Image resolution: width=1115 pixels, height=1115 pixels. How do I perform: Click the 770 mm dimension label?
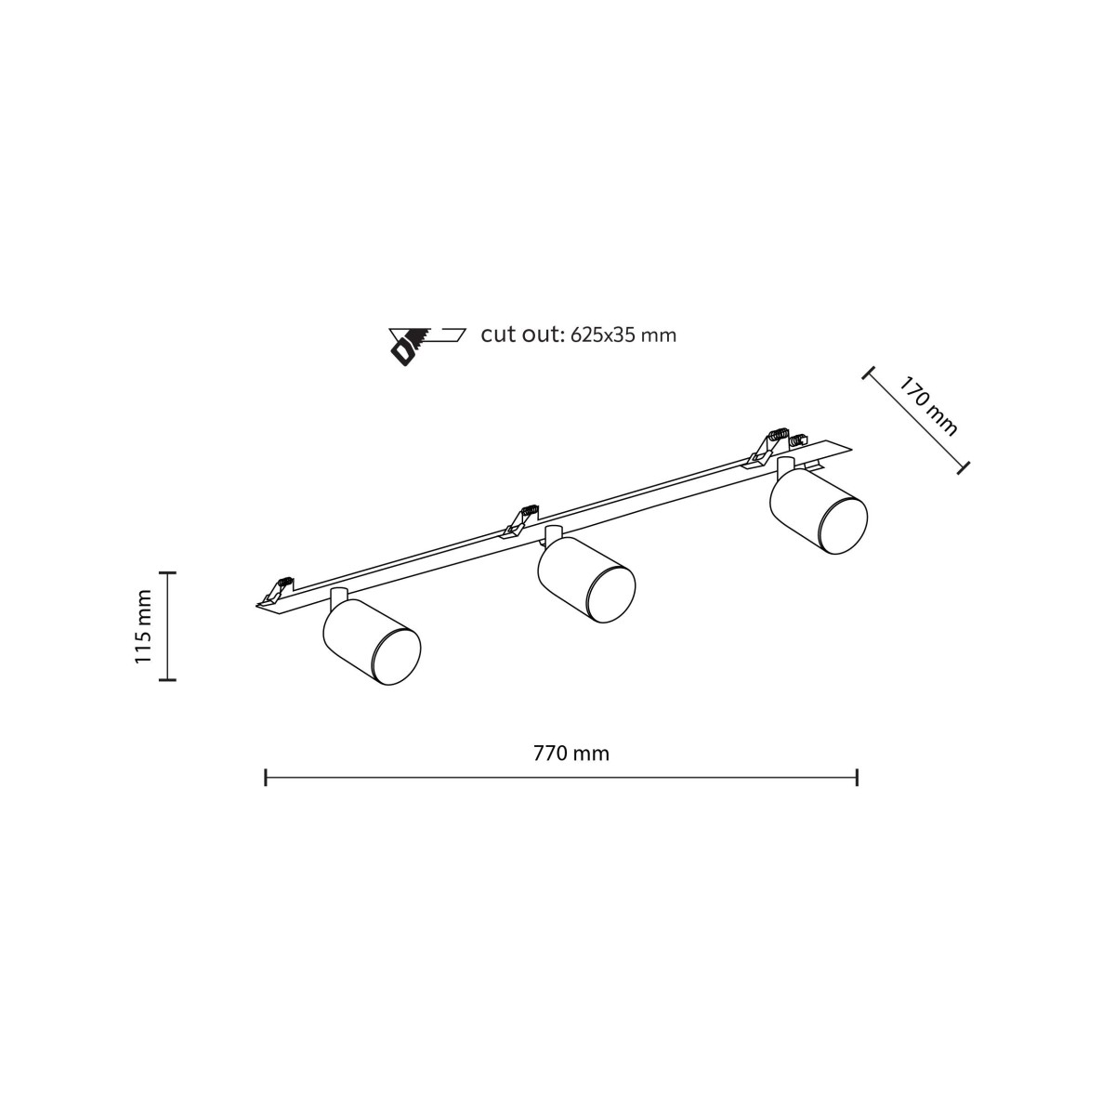[571, 754]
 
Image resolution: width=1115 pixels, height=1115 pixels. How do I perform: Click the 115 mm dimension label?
[143, 626]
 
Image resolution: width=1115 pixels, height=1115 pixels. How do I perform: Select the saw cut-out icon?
[427, 347]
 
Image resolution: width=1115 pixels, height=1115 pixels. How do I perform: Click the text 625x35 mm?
[623, 335]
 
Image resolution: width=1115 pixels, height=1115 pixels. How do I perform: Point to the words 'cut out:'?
[522, 335]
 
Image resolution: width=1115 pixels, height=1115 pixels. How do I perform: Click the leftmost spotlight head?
[372, 642]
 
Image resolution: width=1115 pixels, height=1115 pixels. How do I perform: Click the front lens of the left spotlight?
[397, 656]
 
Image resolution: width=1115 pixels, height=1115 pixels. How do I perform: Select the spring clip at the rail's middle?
[520, 520]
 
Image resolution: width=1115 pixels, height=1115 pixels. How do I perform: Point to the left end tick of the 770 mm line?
[266, 778]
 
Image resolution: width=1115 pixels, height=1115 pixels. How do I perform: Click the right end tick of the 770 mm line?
[857, 778]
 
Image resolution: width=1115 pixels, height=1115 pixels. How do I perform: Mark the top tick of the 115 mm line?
[168, 573]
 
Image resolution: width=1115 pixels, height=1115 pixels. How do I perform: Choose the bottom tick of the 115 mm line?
[168, 680]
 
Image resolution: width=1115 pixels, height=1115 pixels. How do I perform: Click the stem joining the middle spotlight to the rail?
[553, 533]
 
